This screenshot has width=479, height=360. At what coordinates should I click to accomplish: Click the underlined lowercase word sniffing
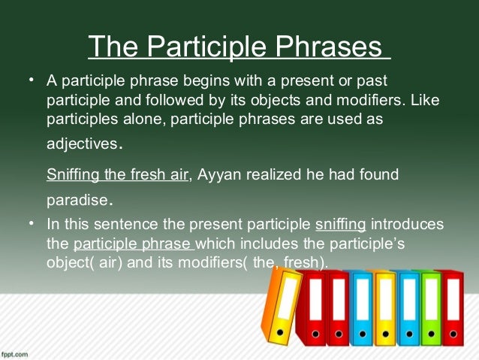point(341,225)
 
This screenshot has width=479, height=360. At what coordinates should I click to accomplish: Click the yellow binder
point(386,308)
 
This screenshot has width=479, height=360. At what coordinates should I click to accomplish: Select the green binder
point(430,308)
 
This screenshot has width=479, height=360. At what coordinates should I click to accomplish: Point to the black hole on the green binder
point(431,331)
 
